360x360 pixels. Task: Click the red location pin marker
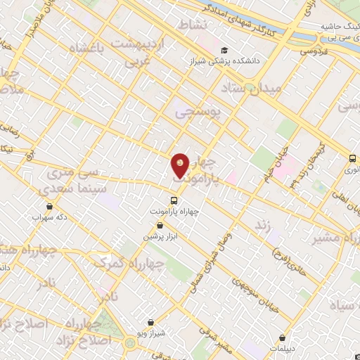[181, 165]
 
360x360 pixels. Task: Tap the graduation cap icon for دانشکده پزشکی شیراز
[224, 51]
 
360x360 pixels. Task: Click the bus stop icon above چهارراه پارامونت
[174, 201]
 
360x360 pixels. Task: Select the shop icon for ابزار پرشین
[160, 226]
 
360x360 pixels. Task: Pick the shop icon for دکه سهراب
[49, 206]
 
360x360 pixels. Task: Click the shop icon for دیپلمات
[283, 337]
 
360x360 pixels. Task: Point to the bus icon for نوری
[353, 159]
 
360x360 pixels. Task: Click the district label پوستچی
[197, 111]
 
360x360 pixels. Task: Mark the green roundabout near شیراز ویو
[131, 343]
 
